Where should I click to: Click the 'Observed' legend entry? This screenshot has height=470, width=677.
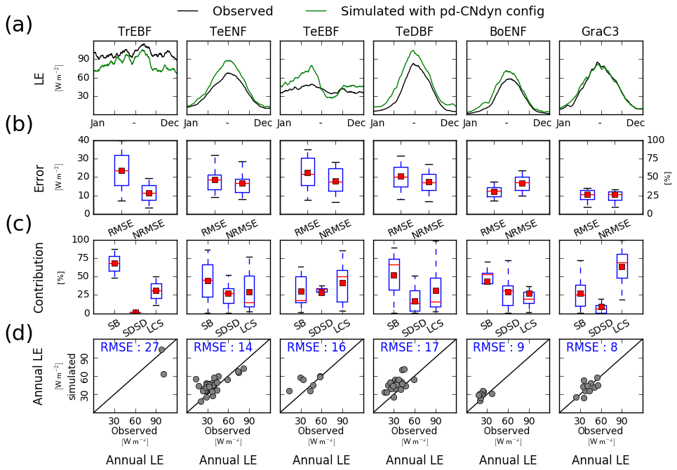point(243,11)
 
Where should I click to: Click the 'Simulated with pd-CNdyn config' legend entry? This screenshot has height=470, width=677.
point(442,11)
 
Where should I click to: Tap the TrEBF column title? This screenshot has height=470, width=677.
point(135,32)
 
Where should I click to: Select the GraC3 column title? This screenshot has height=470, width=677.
point(601,32)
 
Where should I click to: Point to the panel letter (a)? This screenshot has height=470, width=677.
point(18,25)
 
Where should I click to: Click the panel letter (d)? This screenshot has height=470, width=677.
point(18,334)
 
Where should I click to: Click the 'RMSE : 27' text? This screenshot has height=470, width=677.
point(130,347)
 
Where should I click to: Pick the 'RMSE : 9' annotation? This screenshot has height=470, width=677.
point(500,347)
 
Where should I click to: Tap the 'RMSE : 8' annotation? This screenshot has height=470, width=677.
point(593,347)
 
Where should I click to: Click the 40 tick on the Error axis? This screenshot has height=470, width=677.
point(83,140)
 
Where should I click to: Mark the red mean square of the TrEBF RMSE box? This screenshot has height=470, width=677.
point(121,170)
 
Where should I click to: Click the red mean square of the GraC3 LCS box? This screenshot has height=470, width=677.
point(622,267)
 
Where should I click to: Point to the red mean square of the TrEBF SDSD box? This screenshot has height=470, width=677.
point(136,312)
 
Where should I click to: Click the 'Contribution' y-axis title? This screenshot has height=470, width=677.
point(39,277)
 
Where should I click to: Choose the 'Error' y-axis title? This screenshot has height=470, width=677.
point(39,178)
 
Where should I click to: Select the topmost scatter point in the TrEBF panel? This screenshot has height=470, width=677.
point(161,349)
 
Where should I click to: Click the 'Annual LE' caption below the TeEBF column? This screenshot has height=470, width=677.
point(321,460)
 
